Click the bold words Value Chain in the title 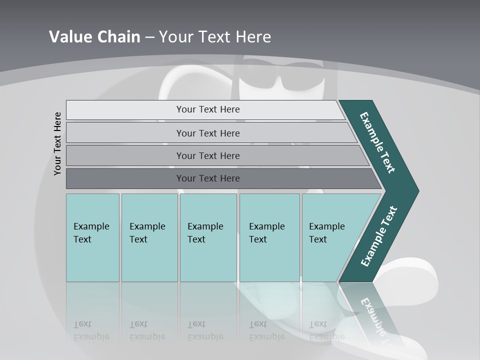click(94, 37)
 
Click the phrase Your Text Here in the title click(215, 37)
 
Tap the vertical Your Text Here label click(57, 143)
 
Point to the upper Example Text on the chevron click(377, 142)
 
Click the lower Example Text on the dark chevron click(378, 236)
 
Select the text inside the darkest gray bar click(208, 178)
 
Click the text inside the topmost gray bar click(208, 109)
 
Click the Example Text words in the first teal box click(91, 233)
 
